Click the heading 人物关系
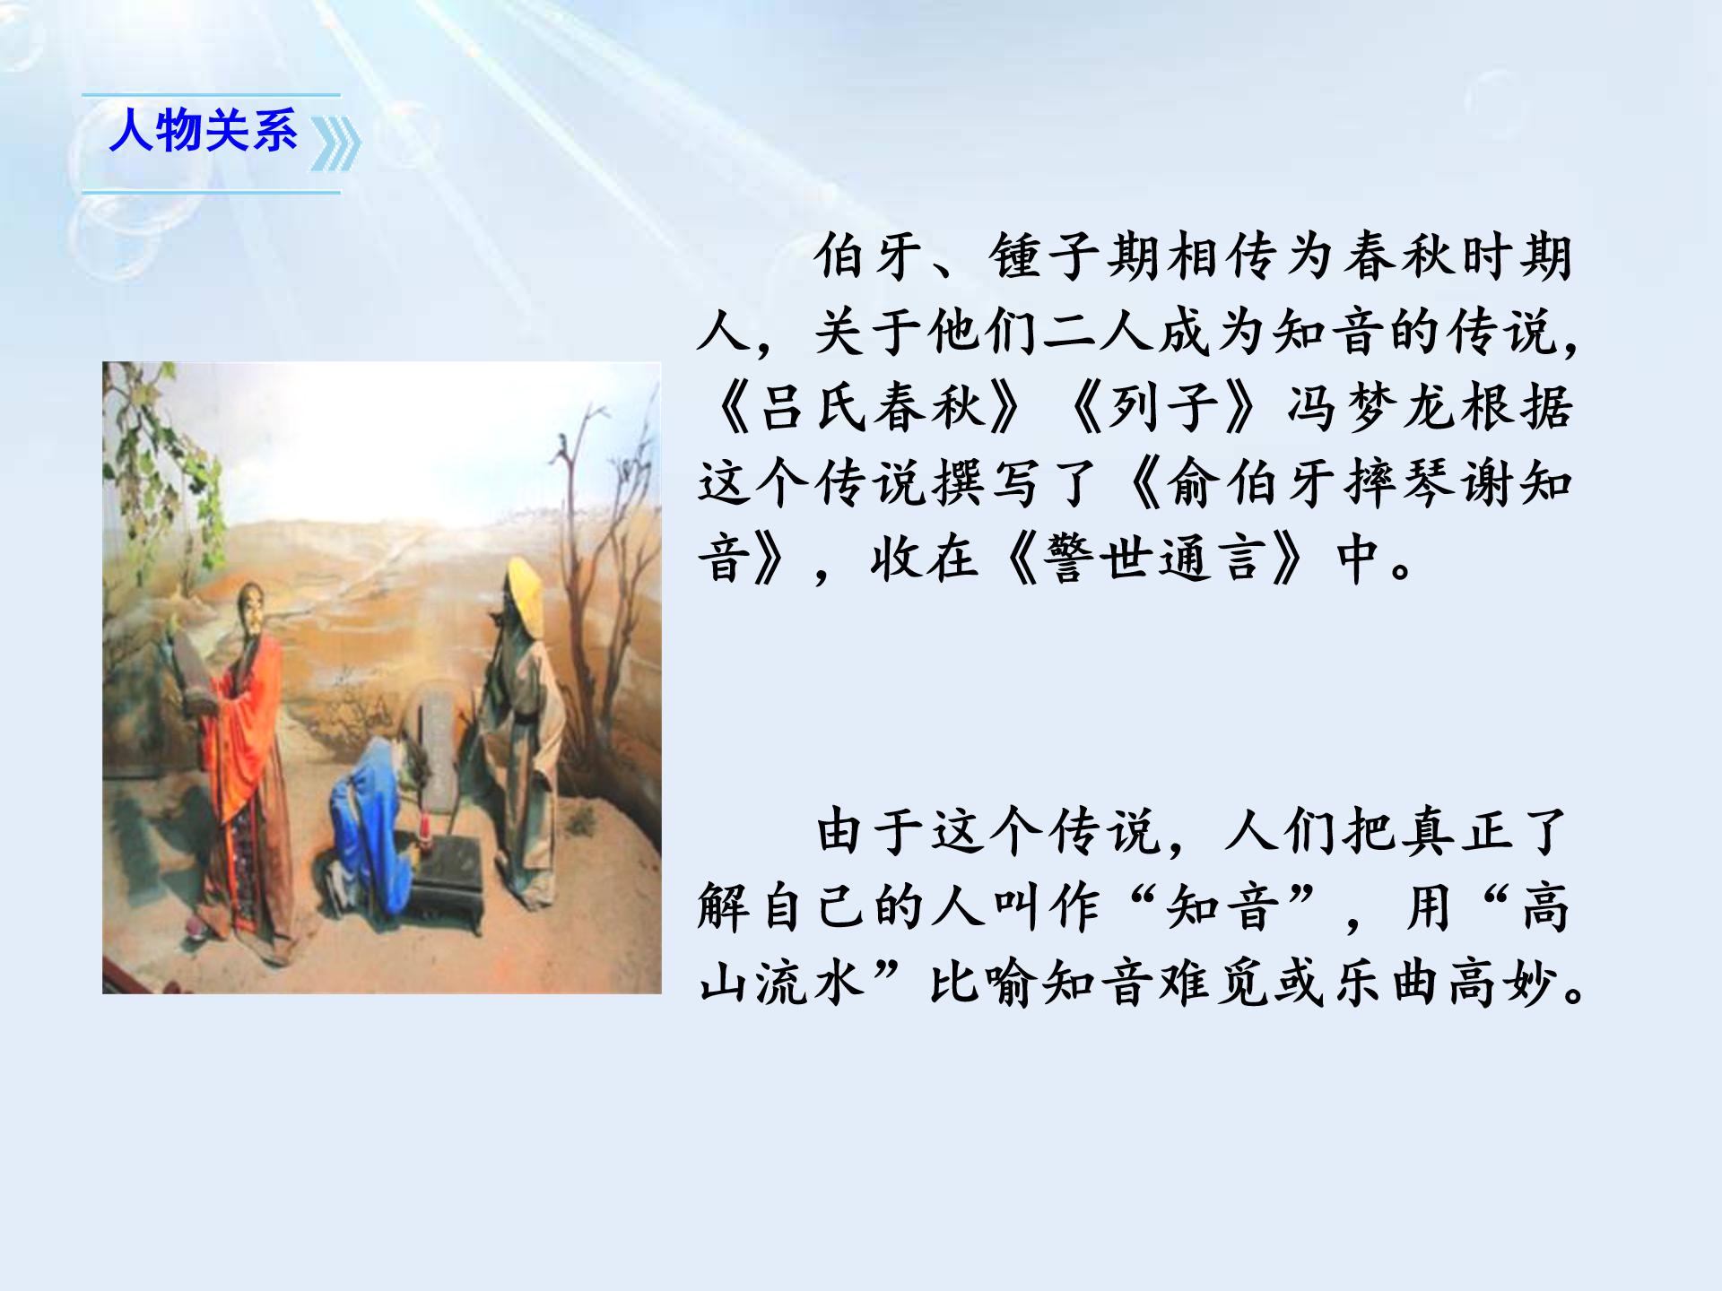tap(203, 132)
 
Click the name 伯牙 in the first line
tap(870, 258)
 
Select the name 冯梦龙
tap(1372, 408)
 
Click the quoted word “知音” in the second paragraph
tap(1224, 907)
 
